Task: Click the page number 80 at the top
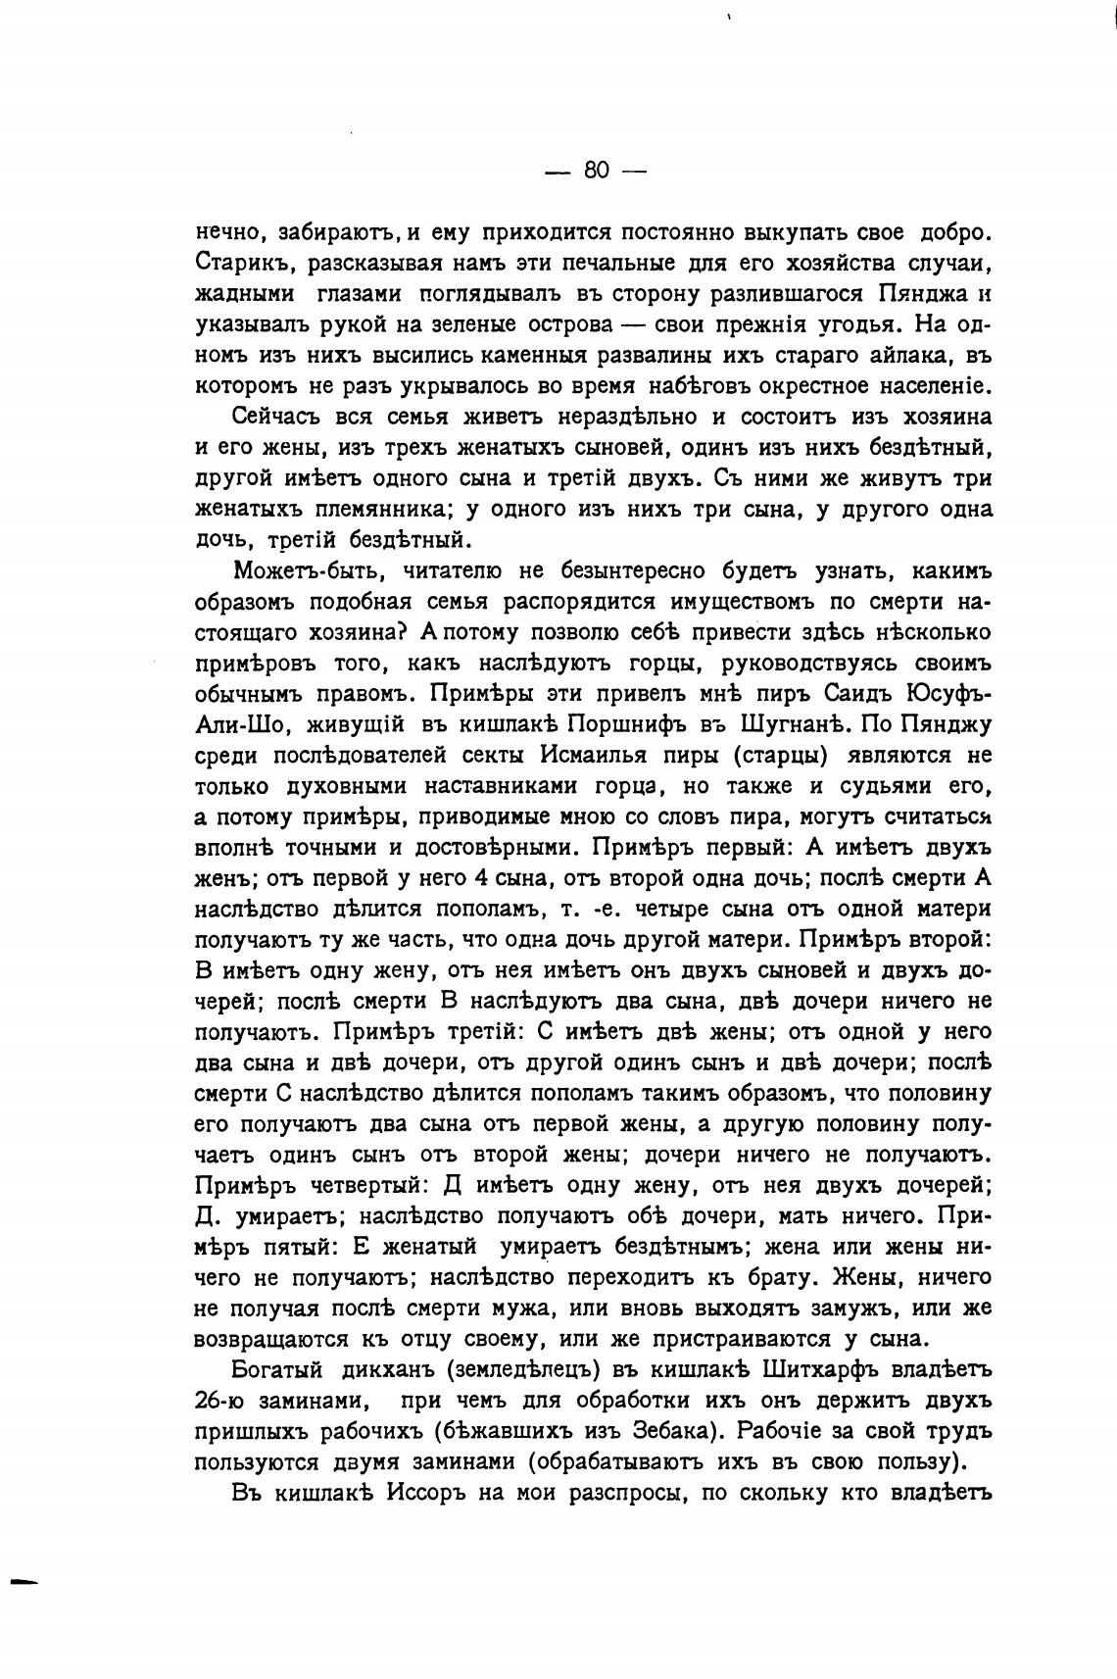click(596, 171)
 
